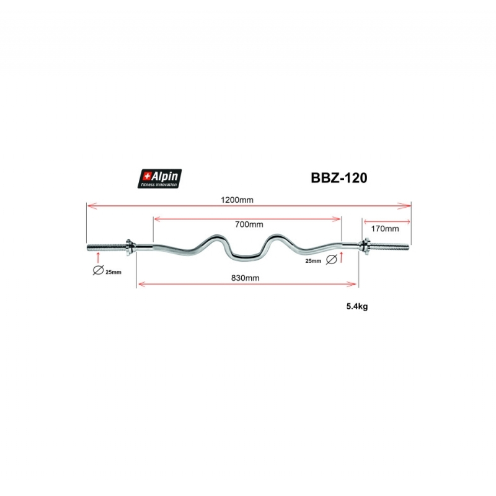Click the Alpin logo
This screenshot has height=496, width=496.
coord(158,178)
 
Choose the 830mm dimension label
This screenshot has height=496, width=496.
coord(247,278)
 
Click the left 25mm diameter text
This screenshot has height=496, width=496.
coord(113,272)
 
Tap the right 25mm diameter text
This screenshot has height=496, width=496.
coord(313,262)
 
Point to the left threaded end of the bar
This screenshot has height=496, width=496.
coord(105,247)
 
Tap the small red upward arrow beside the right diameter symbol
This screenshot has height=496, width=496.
coord(340,255)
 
